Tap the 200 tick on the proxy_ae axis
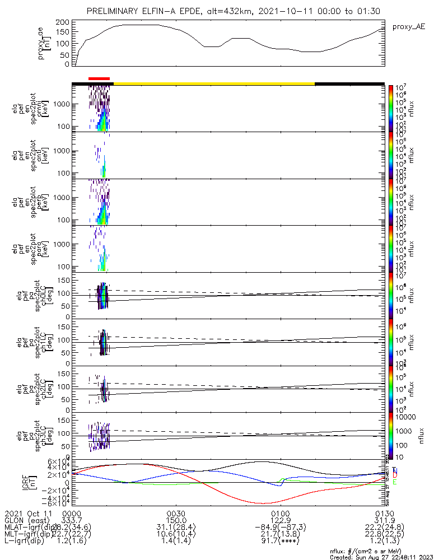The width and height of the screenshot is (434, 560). coord(63,22)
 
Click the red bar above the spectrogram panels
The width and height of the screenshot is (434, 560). coord(99,79)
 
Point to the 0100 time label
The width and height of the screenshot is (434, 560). coord(280,513)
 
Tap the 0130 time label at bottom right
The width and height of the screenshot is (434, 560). coord(384,513)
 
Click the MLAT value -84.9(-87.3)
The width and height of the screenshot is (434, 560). coord(280,528)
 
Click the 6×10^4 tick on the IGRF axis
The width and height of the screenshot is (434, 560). coord(61,461)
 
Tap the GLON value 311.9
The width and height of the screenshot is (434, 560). coord(384,520)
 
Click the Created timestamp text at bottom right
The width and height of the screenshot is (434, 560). coord(380,557)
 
